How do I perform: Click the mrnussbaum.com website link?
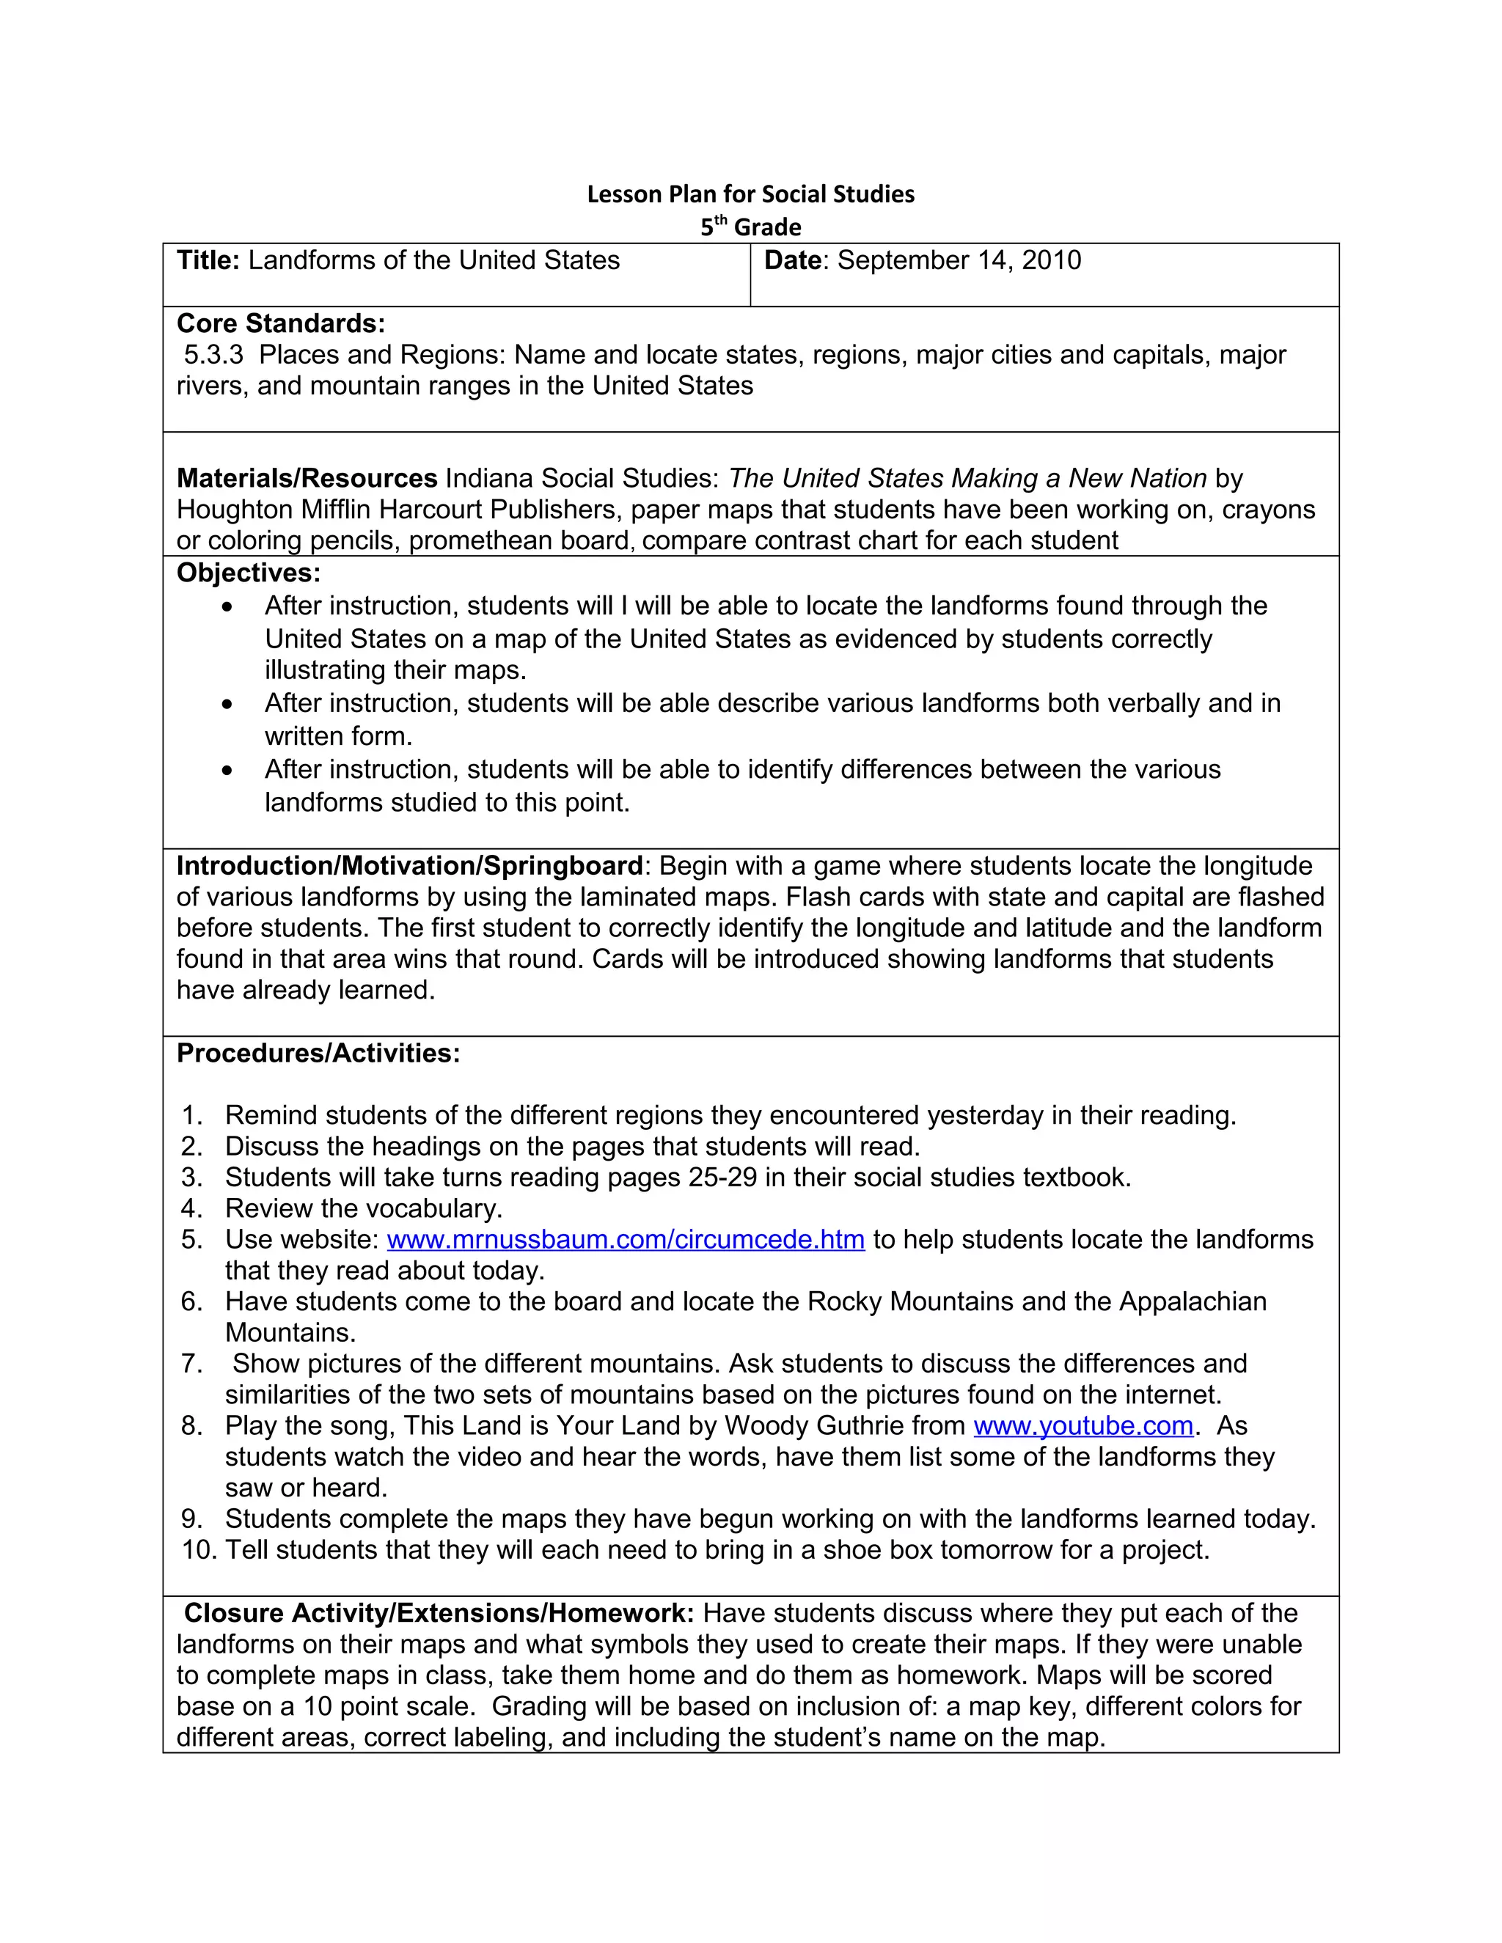626,1239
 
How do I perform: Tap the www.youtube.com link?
1083,1425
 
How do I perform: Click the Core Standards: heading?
281,323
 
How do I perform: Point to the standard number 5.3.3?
213,355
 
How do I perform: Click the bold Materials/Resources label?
307,478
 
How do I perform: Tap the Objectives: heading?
249,572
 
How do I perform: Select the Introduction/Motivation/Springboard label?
409,866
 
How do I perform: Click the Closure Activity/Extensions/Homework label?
439,1613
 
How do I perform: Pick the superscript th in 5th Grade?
721,220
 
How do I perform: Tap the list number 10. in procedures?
199,1550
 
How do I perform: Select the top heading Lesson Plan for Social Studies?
750,194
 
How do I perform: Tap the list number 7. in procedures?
192,1363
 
